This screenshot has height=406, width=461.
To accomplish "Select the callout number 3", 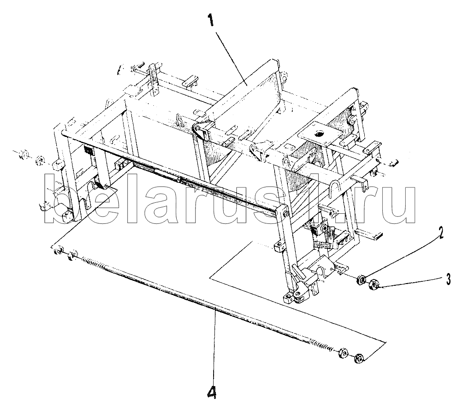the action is click(448, 279).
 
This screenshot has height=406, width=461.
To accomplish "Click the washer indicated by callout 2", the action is click(361, 279).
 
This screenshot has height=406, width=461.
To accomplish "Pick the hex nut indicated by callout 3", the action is click(374, 284).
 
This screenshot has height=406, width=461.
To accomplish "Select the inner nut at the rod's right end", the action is click(342, 352).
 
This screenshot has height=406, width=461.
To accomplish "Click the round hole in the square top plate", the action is click(319, 134).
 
